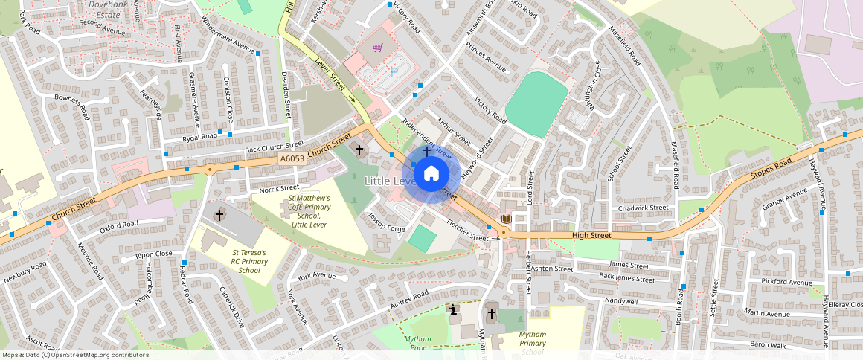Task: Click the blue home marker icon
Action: coord(431,174)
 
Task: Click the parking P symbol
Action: coord(394,71)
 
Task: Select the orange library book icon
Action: coord(507,219)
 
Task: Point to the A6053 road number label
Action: coord(291,159)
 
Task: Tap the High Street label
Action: coord(591,236)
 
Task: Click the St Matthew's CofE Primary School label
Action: coord(310,211)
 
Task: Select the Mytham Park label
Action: coord(417,343)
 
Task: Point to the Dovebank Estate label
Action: coord(104,9)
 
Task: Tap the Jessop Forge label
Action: coord(387,222)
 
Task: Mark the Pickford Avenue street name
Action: coord(786,283)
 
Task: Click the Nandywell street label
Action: coord(621,301)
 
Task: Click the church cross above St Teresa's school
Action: coord(219,215)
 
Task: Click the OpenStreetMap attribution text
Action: coord(75,355)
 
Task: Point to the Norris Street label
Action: coord(279,189)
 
